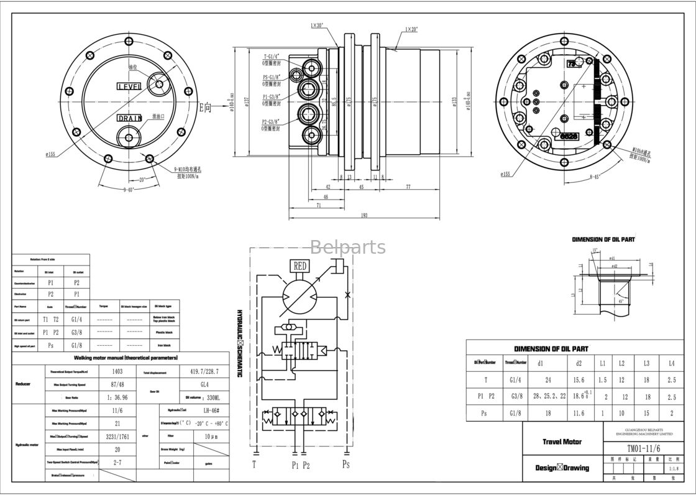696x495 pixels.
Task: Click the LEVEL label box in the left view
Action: (129, 86)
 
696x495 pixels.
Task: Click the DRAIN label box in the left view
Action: (130, 118)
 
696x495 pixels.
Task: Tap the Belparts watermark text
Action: (347, 247)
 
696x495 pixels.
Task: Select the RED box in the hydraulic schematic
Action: (300, 266)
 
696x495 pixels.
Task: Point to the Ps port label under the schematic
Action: (346, 464)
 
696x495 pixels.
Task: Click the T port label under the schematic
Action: (254, 464)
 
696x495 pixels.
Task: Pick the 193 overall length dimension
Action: (364, 216)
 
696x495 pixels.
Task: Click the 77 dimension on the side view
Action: (408, 187)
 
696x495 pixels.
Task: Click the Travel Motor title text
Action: (562, 442)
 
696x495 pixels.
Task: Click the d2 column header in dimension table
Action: (579, 363)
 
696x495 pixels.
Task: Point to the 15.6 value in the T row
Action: (579, 380)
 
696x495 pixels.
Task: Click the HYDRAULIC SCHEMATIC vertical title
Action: (239, 343)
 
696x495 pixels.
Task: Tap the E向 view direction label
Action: (205, 108)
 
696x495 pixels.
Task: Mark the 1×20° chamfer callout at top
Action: (412, 29)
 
